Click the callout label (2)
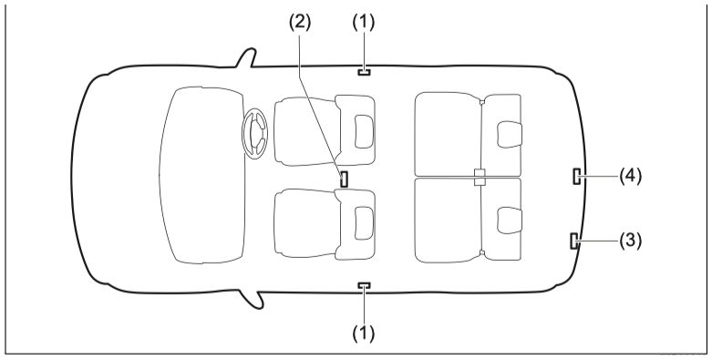(300, 23)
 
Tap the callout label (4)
(631, 176)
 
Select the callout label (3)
(631, 241)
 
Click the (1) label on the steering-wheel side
(364, 23)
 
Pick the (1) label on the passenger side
(364, 334)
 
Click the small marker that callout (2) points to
(345, 179)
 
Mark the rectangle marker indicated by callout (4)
(576, 176)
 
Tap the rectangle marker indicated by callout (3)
(574, 241)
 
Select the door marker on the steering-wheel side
(364, 72)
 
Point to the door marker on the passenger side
(364, 285)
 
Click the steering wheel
(254, 134)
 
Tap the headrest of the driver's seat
(364, 131)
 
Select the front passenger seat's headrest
(364, 223)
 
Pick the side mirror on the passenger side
(252, 300)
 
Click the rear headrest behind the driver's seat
(510, 134)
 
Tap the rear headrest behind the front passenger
(510, 221)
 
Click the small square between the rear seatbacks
(480, 177)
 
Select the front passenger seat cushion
(304, 223)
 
